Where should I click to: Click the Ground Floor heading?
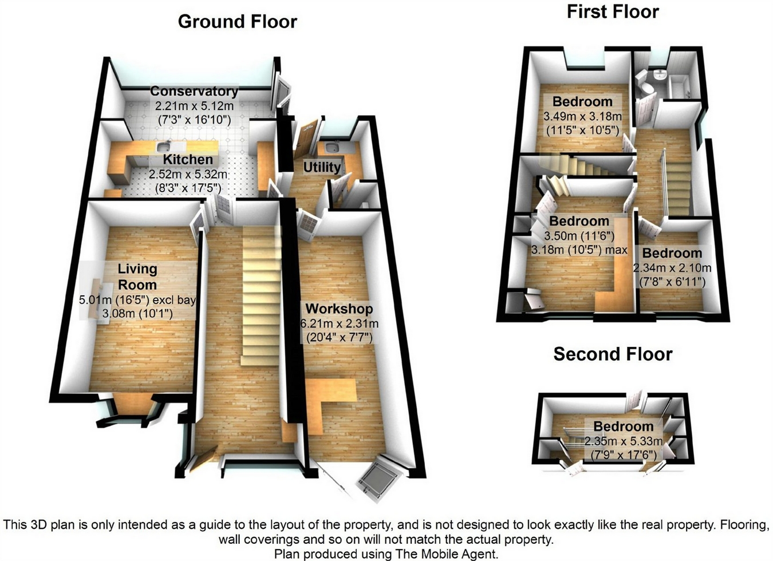[237, 22]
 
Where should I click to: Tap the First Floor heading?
[612, 11]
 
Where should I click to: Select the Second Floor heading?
[612, 354]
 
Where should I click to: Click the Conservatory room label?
[194, 92]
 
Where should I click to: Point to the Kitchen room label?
[187, 160]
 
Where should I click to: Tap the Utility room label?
[321, 167]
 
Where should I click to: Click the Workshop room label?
[339, 309]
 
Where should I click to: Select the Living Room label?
[137, 276]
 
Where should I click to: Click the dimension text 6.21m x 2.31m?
[339, 323]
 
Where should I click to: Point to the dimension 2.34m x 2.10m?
[672, 268]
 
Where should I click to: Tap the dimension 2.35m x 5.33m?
[623, 441]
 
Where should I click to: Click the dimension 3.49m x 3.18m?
[582, 116]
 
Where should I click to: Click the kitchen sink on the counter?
[162, 146]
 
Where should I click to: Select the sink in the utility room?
[331, 149]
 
